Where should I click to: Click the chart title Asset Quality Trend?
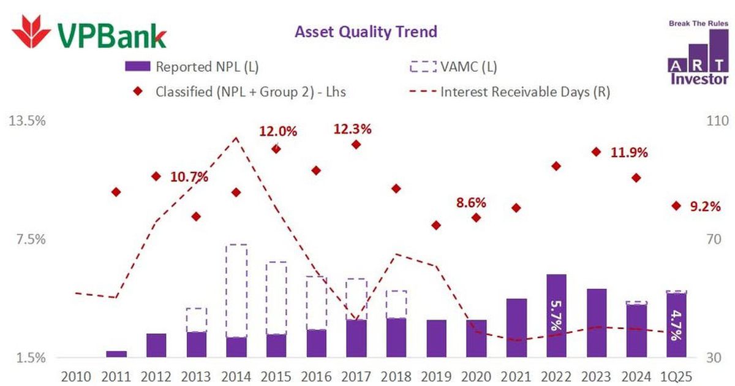366,32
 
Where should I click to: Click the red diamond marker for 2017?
356,145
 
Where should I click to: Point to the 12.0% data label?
277,131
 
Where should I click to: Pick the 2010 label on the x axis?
76,376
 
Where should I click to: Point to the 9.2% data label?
705,207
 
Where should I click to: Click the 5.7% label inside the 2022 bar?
556,316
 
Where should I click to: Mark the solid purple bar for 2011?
116,354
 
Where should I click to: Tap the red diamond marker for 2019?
436,225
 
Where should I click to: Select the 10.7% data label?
189,178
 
